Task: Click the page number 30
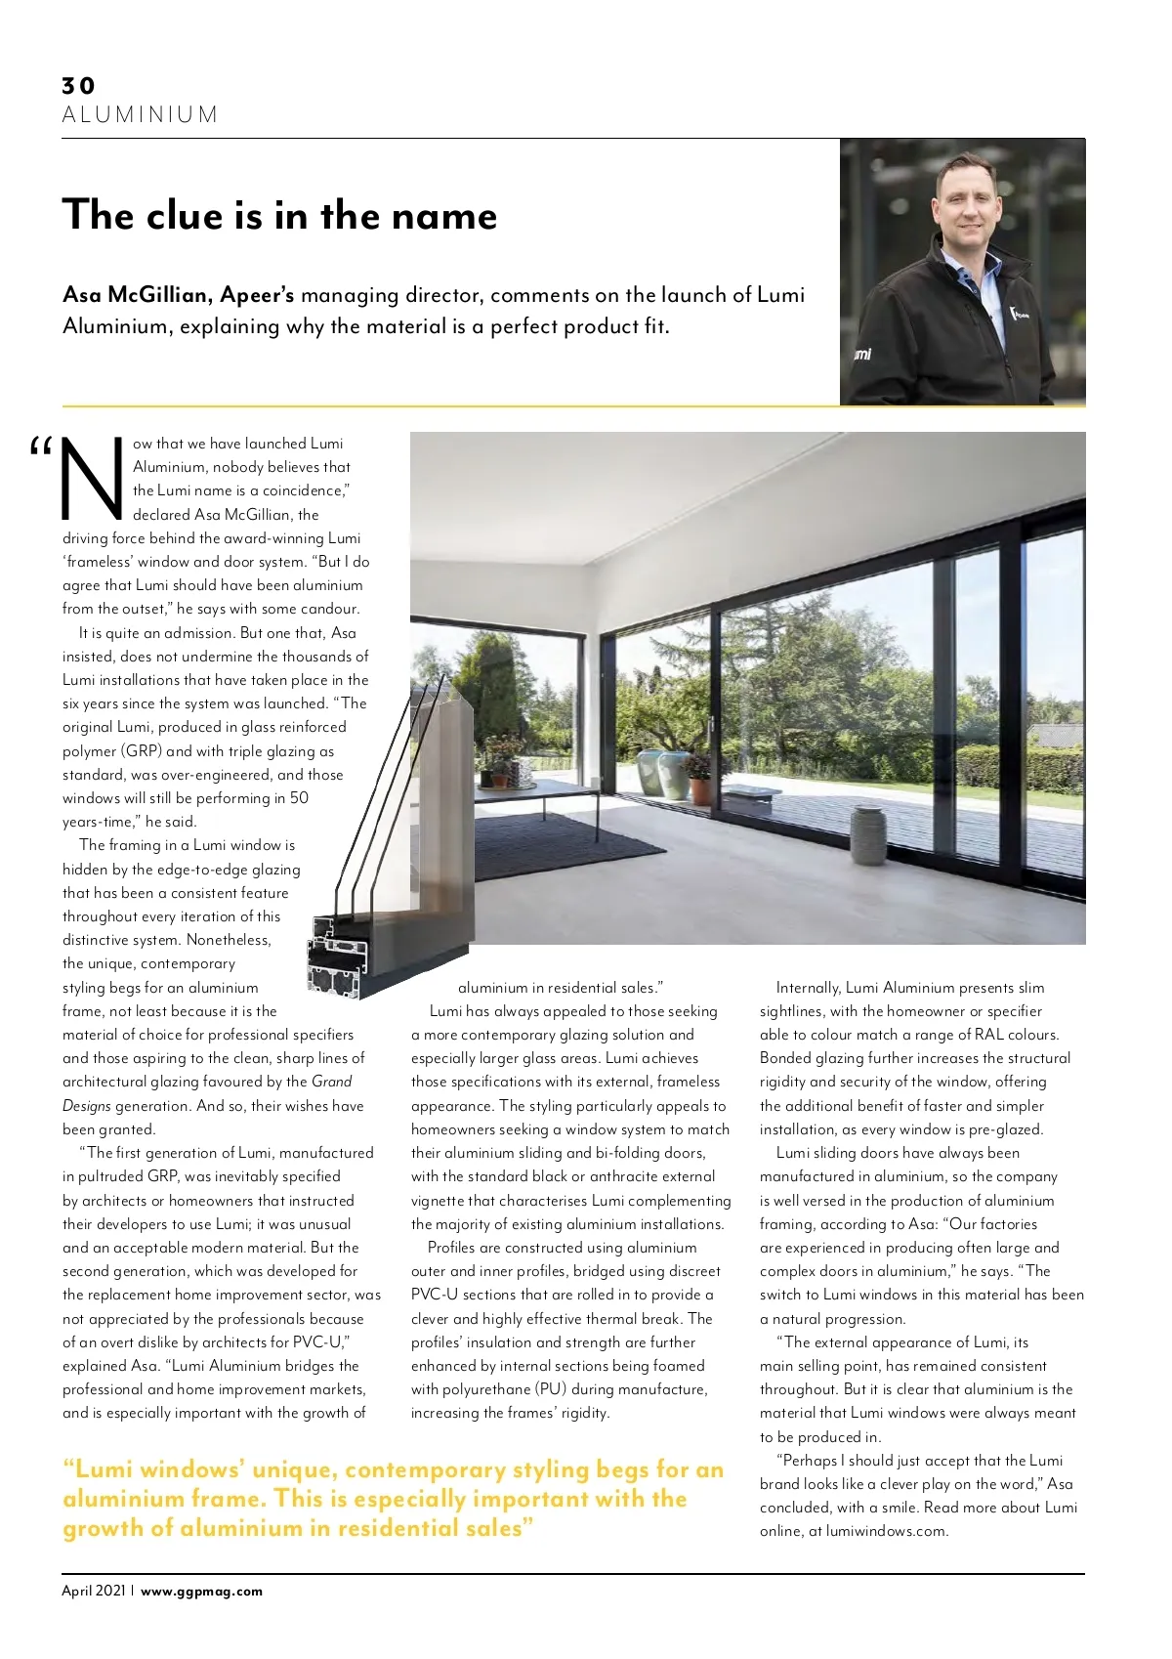click(x=78, y=86)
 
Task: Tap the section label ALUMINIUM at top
click(x=140, y=115)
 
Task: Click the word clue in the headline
click(x=185, y=216)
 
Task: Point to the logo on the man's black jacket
click(x=1020, y=315)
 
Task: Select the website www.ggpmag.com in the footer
click(x=202, y=1591)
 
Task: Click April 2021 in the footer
click(x=94, y=1591)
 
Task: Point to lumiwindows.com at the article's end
click(x=886, y=1531)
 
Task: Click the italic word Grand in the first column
click(x=331, y=1082)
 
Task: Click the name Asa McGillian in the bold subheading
click(x=136, y=295)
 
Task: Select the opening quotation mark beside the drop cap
click(x=40, y=448)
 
